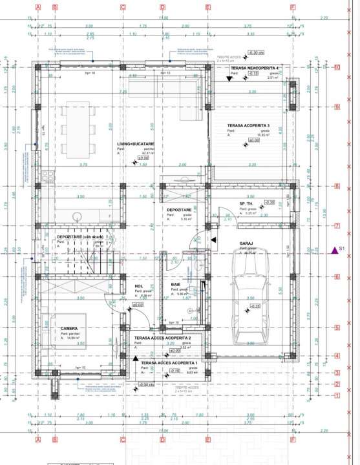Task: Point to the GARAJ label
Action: (246, 244)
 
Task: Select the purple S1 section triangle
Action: (335, 249)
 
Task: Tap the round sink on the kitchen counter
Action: (77, 216)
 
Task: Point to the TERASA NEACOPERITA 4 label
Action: (255, 68)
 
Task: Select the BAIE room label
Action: (176, 285)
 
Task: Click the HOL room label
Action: (138, 285)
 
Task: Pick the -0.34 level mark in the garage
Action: (255, 305)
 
